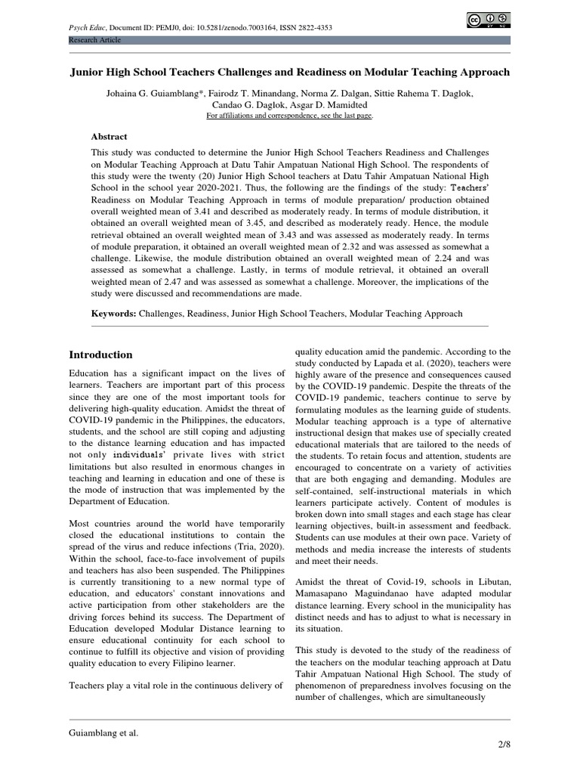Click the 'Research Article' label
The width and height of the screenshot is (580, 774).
coord(94,40)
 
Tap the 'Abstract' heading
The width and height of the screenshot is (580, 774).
coord(110,137)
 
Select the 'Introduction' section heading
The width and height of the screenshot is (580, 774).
coord(100,354)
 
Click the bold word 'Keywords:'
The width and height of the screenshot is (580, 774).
coord(114,313)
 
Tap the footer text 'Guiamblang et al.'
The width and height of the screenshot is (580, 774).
coord(104,732)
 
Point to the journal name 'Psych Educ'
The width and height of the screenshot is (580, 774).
coord(86,28)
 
